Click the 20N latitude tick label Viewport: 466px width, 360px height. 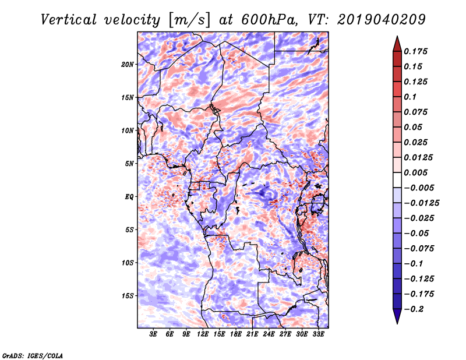(x=128, y=65)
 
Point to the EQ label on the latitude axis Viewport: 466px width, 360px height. (x=129, y=197)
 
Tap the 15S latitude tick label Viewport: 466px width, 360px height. (x=128, y=296)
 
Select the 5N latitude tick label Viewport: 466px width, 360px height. (x=129, y=164)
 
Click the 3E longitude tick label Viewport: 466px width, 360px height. (x=153, y=334)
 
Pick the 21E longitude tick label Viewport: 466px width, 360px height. (x=252, y=334)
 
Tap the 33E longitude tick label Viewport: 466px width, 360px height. (x=318, y=334)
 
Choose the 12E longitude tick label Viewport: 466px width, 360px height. (x=203, y=334)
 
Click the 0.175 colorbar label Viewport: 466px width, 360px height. (x=415, y=51)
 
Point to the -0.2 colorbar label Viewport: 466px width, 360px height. (x=414, y=309)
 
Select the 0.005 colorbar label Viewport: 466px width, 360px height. (x=415, y=172)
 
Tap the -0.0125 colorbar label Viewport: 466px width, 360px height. (x=421, y=203)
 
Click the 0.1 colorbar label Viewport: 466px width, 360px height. (x=410, y=97)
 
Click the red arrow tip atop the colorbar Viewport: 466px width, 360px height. (x=397, y=37)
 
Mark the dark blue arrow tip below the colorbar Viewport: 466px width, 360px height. (x=397, y=323)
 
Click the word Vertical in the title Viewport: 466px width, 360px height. (x=69, y=20)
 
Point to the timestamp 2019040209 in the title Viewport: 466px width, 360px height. (x=382, y=20)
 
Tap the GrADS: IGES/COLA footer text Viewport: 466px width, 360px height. (x=33, y=356)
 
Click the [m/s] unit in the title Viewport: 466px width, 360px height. (x=189, y=20)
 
